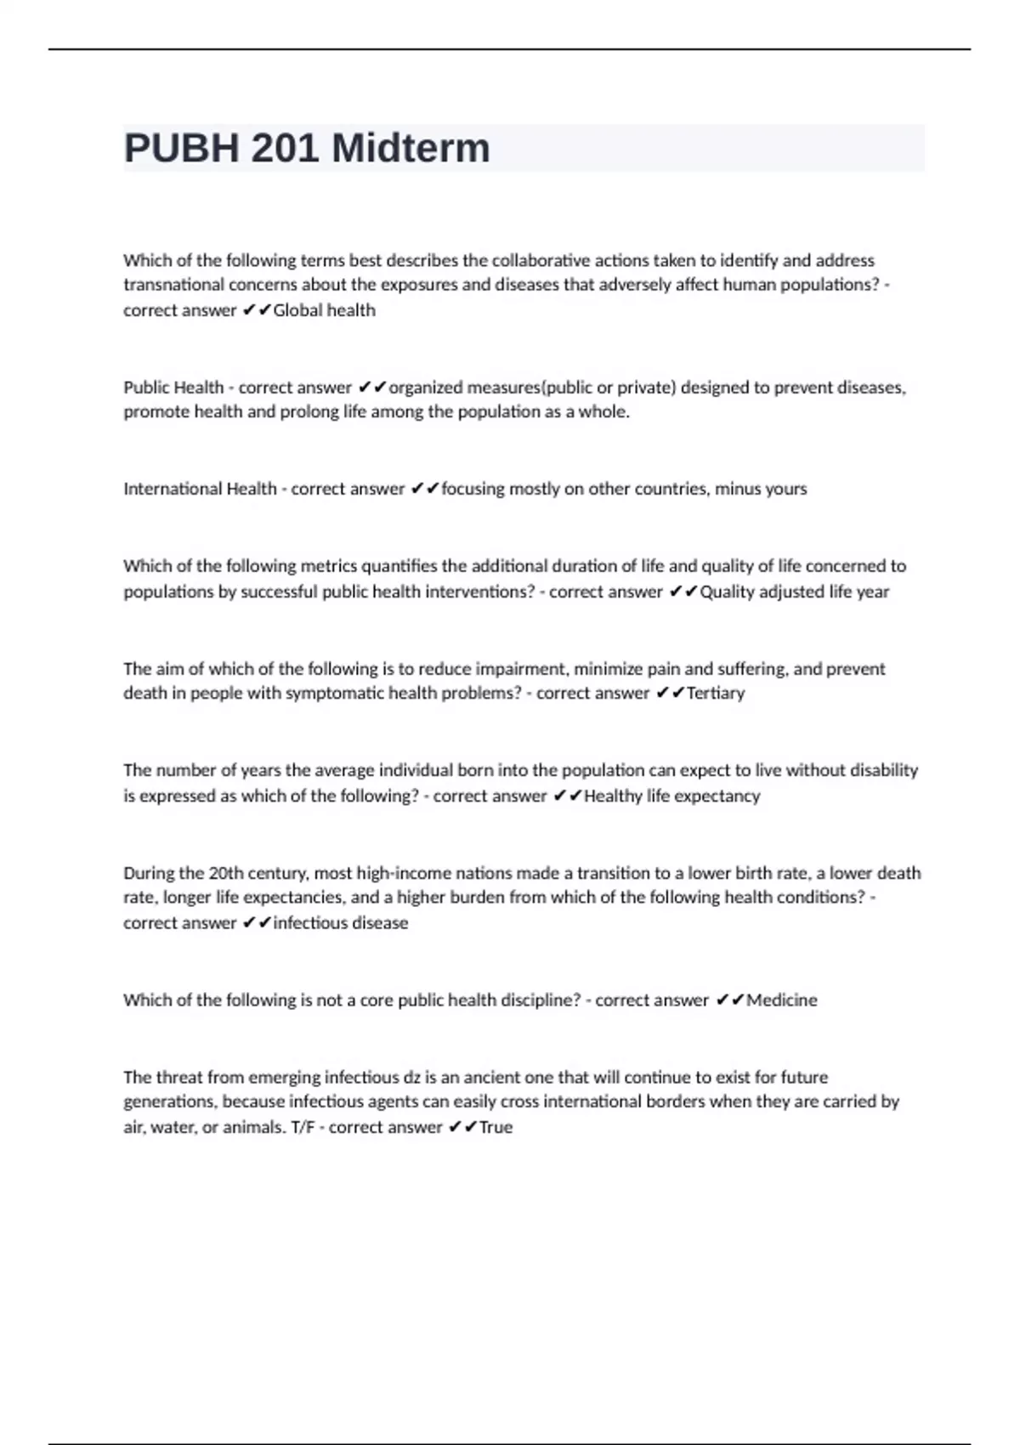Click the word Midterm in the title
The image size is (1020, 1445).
(411, 149)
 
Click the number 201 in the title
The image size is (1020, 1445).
(285, 149)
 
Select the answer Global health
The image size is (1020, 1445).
(324, 310)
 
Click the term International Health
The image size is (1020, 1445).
(200, 489)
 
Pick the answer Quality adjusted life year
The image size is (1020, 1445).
(794, 592)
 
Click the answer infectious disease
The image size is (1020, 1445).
(340, 923)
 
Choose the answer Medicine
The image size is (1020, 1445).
(781, 1000)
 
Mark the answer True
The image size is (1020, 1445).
(496, 1127)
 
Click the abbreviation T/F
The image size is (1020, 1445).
(301, 1127)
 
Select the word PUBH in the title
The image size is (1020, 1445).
(181, 149)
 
